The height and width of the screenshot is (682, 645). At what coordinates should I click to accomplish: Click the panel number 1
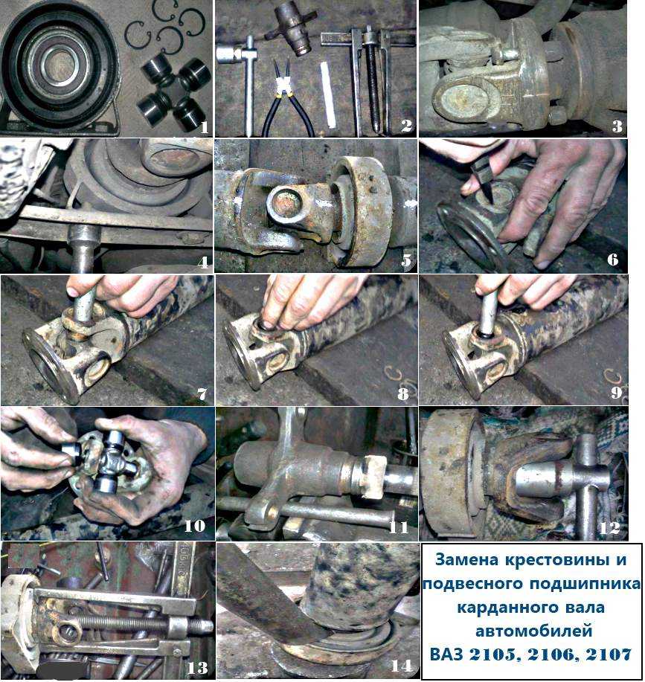point(204,127)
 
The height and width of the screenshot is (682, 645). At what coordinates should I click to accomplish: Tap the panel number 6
point(612,260)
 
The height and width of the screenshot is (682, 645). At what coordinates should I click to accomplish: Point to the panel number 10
point(194,525)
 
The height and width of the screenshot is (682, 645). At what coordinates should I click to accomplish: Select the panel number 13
point(197,667)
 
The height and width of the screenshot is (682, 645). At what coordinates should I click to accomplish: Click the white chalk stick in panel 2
point(330,94)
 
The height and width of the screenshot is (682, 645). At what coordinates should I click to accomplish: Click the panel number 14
point(401,666)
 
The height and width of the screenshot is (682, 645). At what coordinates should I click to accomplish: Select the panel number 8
point(402,393)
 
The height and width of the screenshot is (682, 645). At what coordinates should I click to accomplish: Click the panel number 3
point(617,126)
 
